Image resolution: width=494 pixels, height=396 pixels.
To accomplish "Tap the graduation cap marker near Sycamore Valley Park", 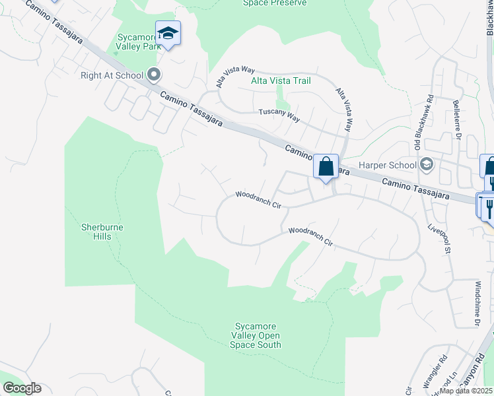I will click(168, 34).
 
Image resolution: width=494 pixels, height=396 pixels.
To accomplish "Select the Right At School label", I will click(112, 75).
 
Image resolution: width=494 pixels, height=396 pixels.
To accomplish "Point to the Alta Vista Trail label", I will click(281, 81).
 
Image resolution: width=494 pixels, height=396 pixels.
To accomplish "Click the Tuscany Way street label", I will click(279, 115).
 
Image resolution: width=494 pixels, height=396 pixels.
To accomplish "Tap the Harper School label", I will click(388, 165).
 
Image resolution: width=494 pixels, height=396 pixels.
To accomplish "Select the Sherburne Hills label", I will click(102, 232).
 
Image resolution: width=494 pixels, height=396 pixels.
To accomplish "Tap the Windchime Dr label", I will click(477, 304).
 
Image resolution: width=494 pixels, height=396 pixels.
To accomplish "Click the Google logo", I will click(22, 388).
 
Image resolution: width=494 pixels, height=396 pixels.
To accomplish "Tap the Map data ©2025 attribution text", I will click(466, 391).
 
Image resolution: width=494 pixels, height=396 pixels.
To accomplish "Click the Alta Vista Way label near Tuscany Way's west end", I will click(236, 77).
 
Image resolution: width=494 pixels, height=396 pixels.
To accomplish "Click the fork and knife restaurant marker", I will click(489, 207).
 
